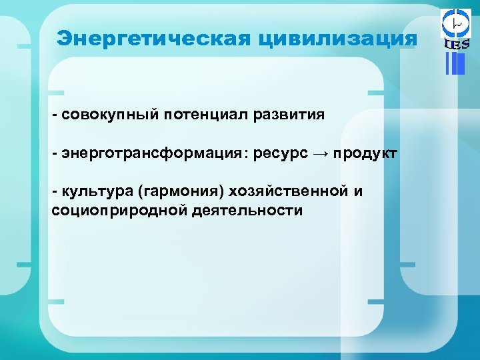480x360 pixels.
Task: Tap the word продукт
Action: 365,154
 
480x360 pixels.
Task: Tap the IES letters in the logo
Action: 457,45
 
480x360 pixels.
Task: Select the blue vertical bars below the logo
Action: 455,63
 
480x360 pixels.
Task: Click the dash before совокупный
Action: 56,115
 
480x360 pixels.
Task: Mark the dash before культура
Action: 56,193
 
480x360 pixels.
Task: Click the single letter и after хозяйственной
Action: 358,193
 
